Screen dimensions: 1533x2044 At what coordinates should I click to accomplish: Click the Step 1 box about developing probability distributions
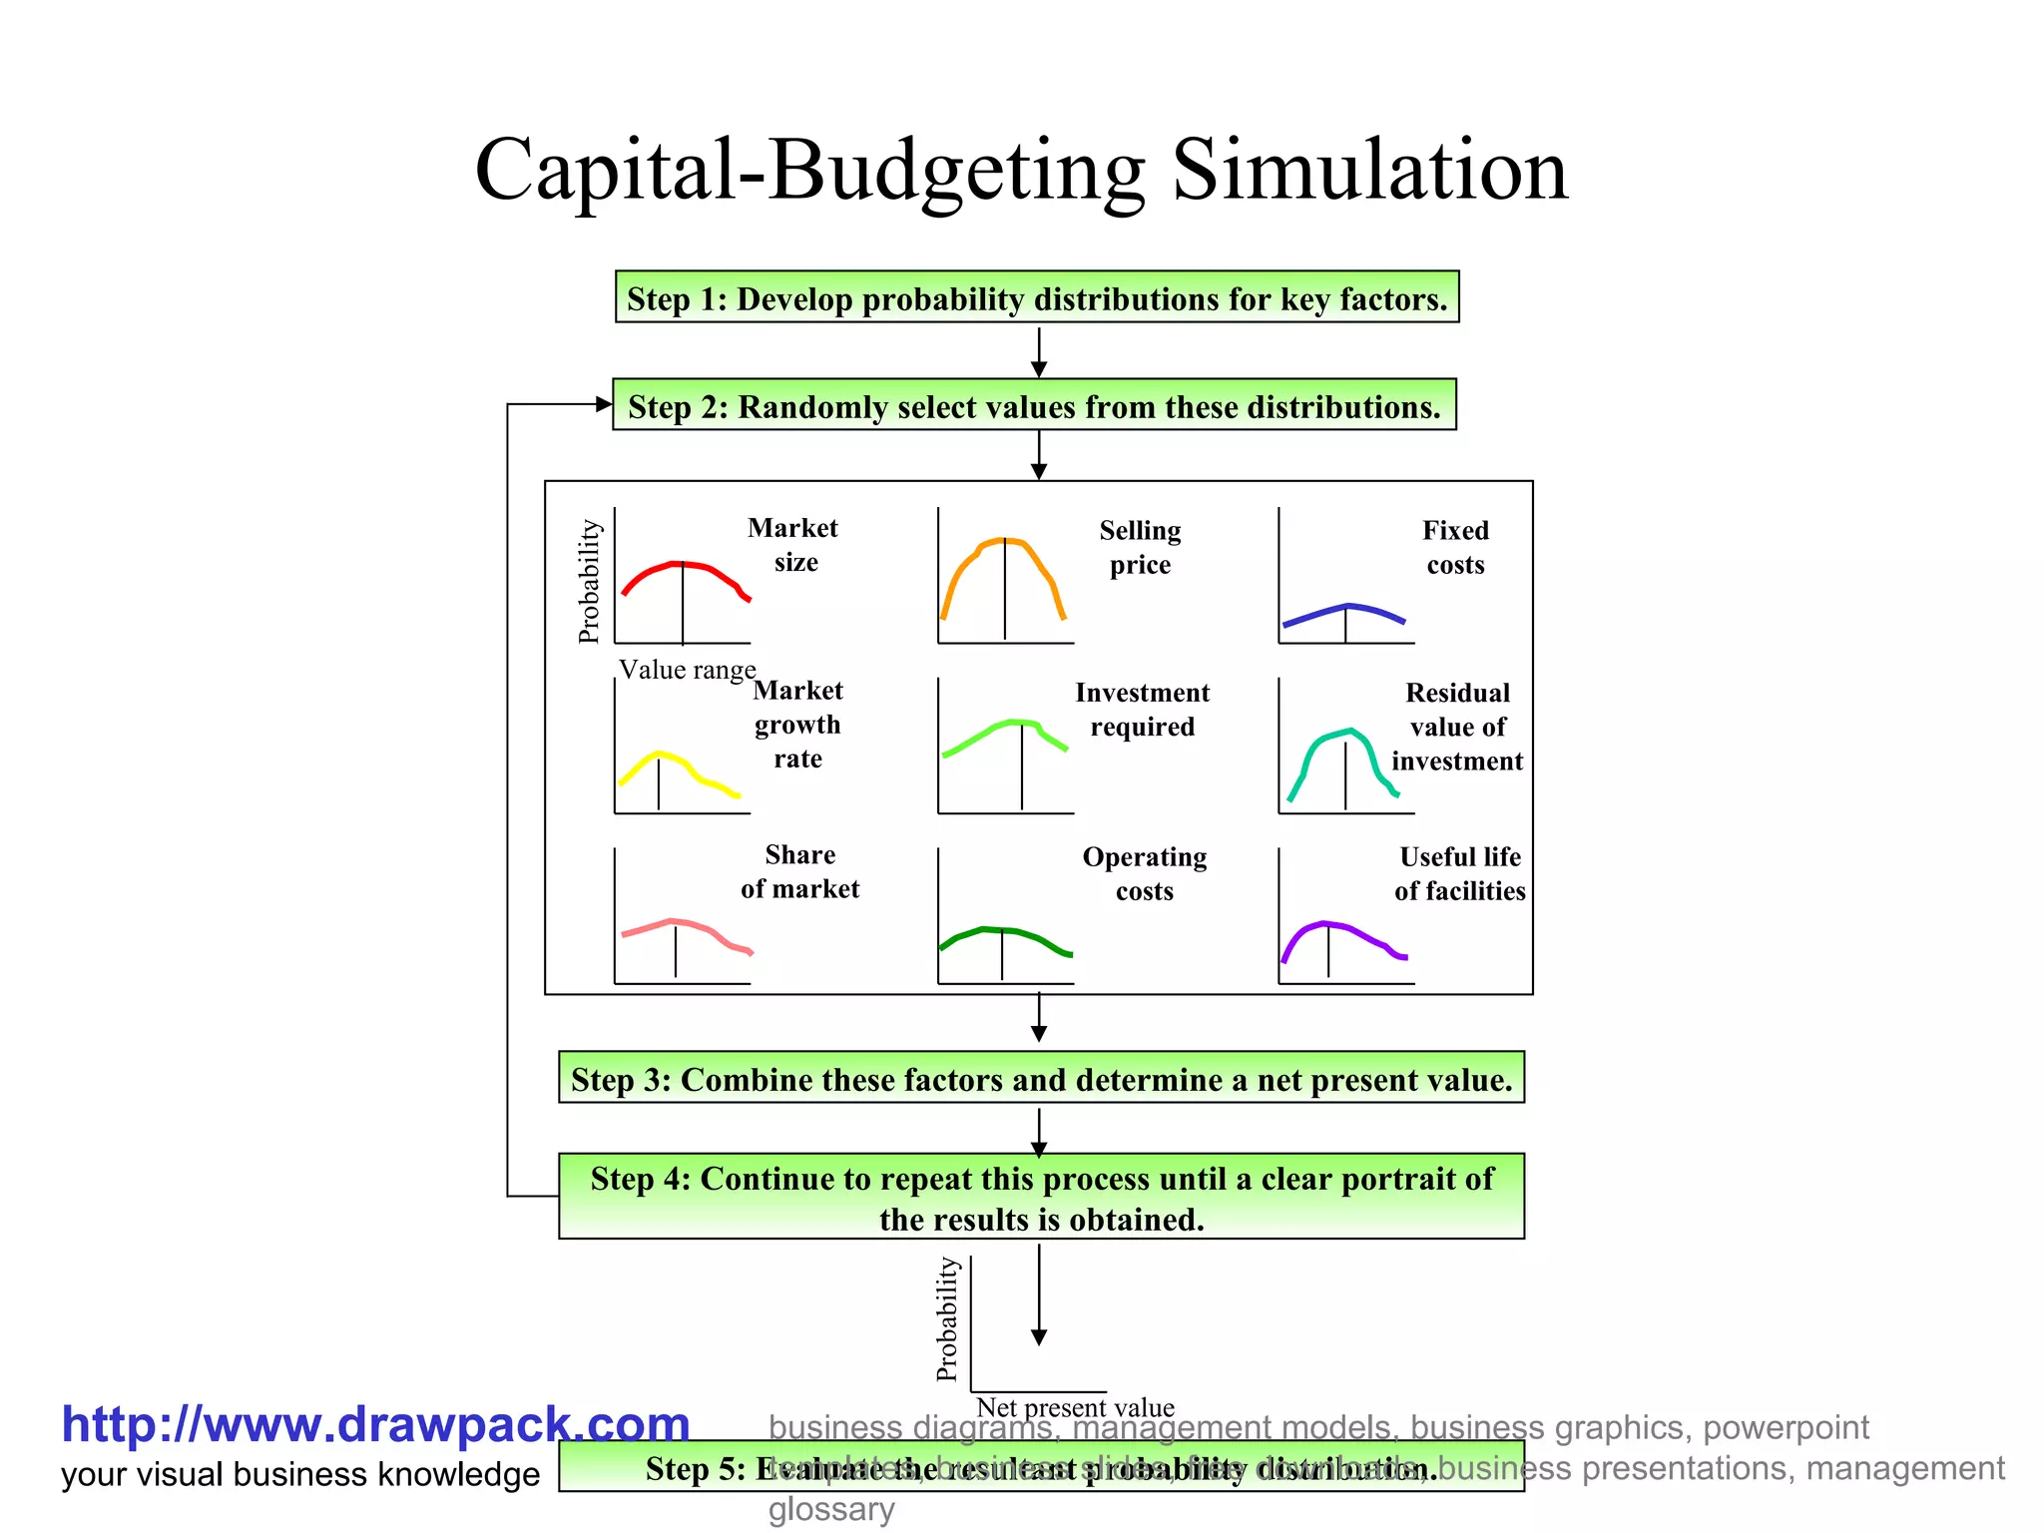coord(1037,297)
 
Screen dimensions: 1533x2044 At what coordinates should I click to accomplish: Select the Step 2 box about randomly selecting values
coord(1034,405)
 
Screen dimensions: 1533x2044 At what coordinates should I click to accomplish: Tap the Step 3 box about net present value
coord(1041,1078)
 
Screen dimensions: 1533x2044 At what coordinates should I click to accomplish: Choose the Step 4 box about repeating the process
coord(1041,1197)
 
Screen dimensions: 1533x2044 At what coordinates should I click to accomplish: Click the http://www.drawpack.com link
coord(375,1424)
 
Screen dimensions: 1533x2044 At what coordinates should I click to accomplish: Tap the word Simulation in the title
coord(1368,170)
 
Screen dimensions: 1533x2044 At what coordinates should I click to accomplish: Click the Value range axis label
coord(687,670)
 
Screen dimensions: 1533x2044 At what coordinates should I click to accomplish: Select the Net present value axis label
coord(1075,1407)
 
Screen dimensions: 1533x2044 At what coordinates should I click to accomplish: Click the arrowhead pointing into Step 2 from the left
coord(603,404)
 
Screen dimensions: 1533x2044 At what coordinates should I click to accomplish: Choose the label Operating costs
coord(1145,873)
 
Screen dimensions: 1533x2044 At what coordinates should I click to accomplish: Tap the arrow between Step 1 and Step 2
coord(1039,351)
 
